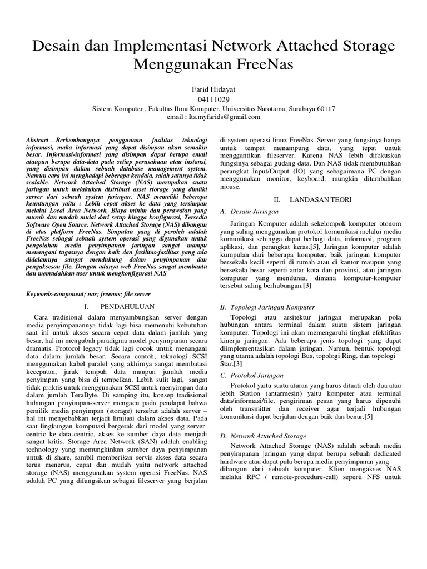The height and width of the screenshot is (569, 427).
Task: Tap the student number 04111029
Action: pyautogui.click(x=213, y=99)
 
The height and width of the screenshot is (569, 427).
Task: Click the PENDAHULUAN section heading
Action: pyautogui.click(x=127, y=306)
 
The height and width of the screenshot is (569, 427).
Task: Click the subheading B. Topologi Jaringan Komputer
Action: pyautogui.click(x=268, y=307)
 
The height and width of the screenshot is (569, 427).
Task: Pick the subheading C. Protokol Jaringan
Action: pyautogui.click(x=252, y=375)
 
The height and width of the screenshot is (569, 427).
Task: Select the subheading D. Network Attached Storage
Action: pyautogui.click(x=264, y=436)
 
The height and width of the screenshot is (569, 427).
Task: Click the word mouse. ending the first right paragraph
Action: pyautogui.click(x=231, y=187)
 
